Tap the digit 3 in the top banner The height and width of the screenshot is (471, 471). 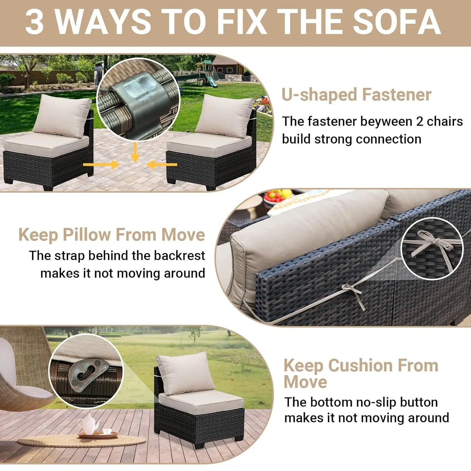coord(35,22)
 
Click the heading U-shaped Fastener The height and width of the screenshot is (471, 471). coord(356,95)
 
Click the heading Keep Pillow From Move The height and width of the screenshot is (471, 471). coord(111,235)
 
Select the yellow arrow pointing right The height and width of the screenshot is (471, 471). coord(101,164)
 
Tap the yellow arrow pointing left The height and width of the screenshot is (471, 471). coord(162,164)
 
